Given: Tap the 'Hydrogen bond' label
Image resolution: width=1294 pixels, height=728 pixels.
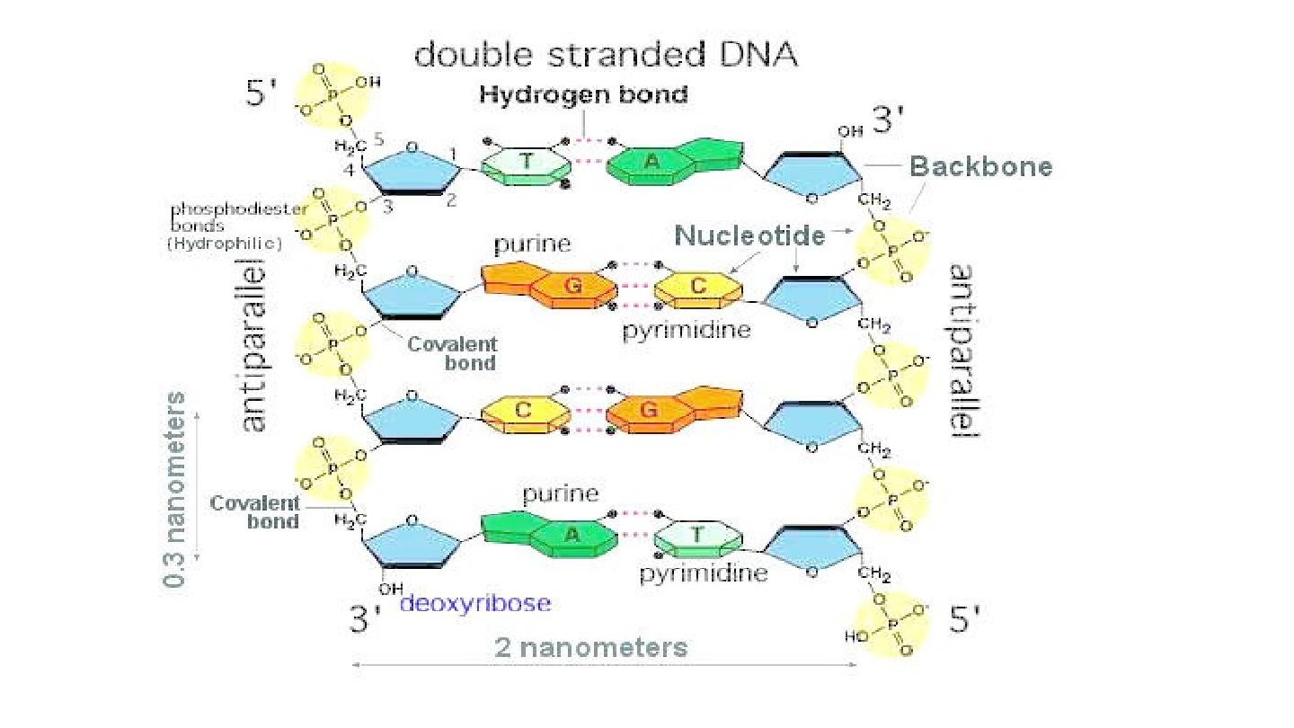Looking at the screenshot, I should point(583,94).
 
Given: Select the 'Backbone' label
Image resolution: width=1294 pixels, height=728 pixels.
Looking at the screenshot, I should point(980,166).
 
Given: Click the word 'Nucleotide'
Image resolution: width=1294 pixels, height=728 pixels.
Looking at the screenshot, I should point(749,235).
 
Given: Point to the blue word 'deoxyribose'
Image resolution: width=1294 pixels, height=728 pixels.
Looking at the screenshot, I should point(474,603).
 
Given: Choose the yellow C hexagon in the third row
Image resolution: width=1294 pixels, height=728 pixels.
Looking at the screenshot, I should point(526,411).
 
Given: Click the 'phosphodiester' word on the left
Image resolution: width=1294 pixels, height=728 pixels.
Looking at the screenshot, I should point(239,209).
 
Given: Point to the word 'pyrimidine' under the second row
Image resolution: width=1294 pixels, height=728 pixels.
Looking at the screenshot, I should point(687,330).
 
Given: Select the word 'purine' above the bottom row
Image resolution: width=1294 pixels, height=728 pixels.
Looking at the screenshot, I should point(561,493).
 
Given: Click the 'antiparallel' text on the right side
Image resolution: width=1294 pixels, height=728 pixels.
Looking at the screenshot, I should point(964,351).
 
